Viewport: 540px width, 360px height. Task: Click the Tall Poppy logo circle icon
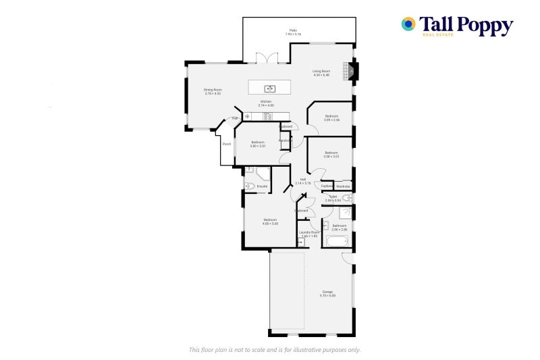point(408,24)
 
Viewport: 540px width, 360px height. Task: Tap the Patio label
point(294,30)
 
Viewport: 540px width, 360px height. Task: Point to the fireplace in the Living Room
point(350,70)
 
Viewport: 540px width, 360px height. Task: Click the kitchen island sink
point(269,88)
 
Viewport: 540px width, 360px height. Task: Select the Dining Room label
point(213,90)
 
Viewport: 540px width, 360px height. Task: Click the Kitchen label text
point(266,101)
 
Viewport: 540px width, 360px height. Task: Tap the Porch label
point(227,144)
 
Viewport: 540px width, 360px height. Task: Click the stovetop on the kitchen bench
point(267,116)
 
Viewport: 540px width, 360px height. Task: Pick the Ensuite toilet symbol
point(248,186)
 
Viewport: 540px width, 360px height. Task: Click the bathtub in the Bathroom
point(335,241)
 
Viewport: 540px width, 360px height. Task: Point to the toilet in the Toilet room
point(346,197)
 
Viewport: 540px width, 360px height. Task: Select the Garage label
point(327,292)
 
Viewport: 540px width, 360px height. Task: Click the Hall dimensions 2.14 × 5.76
point(303,183)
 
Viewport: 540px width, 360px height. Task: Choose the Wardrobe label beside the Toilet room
point(344,186)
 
